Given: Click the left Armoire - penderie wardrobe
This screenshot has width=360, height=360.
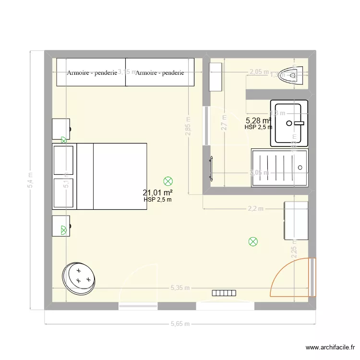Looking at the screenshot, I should [x=91, y=72].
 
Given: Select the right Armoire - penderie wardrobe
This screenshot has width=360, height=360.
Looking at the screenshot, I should [x=160, y=72].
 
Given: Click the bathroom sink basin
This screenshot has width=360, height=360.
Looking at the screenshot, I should [x=289, y=123].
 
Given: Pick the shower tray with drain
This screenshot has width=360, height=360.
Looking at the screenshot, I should [x=279, y=167].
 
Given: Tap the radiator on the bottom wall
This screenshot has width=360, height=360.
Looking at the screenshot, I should [x=224, y=292].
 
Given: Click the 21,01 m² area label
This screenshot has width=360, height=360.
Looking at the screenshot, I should [x=157, y=193].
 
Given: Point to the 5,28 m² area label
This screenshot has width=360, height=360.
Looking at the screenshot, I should [x=258, y=120].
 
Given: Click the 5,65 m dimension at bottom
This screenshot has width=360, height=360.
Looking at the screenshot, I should [x=180, y=324].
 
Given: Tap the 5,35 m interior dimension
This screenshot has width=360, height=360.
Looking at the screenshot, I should [x=180, y=288].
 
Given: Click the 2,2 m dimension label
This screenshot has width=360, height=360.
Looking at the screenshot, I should [x=255, y=209].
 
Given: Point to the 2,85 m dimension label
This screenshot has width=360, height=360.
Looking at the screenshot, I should [x=189, y=126].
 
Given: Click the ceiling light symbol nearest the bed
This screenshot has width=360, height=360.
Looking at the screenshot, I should [x=168, y=181].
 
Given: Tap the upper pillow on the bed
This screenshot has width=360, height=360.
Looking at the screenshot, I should [x=64, y=160].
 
